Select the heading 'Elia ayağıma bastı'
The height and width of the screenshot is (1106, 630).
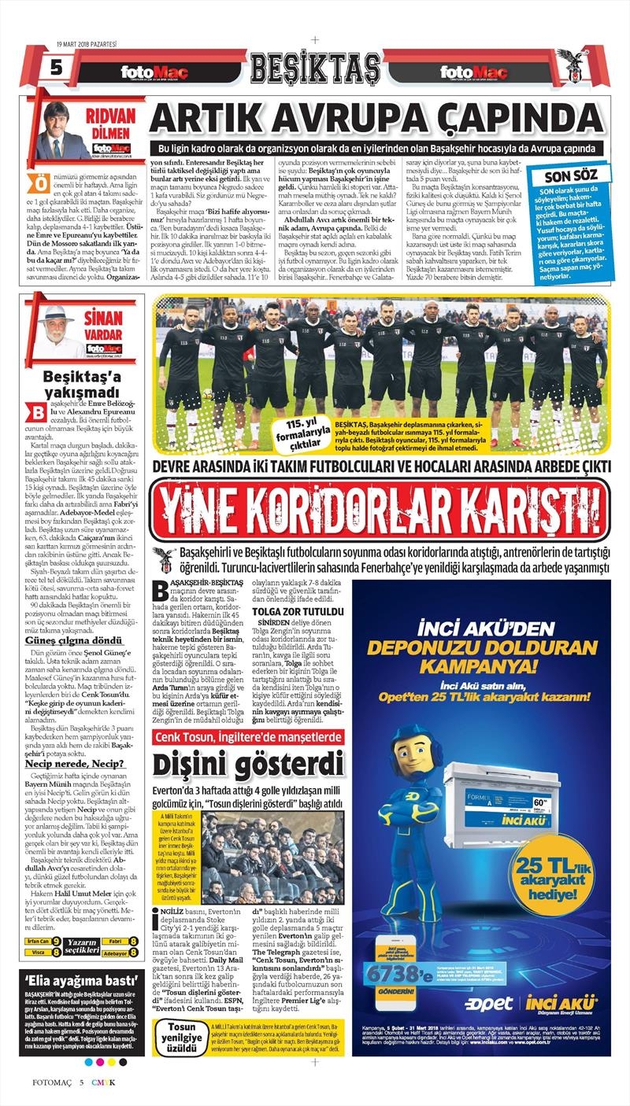(x=70, y=981)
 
